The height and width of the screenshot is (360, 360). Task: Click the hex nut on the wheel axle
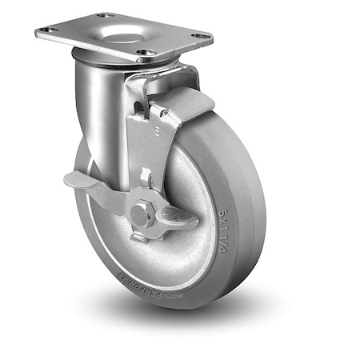[142, 214]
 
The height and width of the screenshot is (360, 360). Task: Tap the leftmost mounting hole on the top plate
[47, 30]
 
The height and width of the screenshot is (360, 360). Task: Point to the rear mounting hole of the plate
[105, 15]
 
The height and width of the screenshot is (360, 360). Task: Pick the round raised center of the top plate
[121, 37]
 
